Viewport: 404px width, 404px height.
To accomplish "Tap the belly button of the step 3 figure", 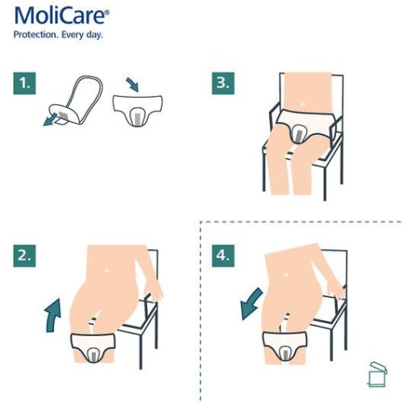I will point(301,104).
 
